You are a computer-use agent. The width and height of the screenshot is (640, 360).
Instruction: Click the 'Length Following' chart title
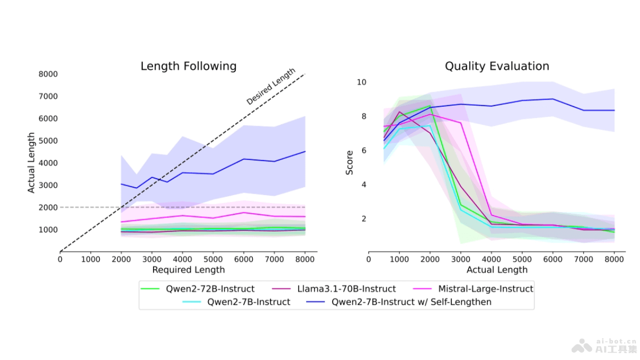[188, 66]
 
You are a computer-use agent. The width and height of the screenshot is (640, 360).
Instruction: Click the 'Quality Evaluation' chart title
[497, 66]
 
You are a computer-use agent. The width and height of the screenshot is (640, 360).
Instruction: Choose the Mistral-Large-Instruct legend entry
[485, 289]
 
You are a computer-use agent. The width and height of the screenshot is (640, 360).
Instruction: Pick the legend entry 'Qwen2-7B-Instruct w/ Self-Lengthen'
[411, 302]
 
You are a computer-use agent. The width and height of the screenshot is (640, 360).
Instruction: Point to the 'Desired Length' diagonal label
[270, 86]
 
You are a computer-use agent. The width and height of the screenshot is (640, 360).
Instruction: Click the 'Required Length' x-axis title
[188, 270]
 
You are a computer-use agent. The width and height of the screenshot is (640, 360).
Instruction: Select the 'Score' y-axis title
[350, 163]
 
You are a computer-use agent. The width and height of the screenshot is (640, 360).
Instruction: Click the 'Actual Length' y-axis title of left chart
[31, 163]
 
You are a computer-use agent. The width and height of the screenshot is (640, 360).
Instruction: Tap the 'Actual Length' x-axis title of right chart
[497, 270]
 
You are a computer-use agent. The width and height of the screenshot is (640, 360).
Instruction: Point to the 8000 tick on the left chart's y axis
[49, 74]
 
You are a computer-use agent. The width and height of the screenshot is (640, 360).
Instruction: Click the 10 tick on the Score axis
[362, 82]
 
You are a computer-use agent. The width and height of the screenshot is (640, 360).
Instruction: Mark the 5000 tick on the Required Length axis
[213, 259]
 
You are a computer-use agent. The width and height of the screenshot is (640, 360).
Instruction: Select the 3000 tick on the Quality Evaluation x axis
[461, 259]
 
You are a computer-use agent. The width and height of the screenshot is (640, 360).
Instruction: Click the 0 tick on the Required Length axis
[60, 259]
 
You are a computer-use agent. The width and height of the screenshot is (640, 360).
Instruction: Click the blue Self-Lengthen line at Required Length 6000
[243, 159]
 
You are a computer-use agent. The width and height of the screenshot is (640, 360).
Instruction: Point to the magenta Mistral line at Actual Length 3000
[461, 123]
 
